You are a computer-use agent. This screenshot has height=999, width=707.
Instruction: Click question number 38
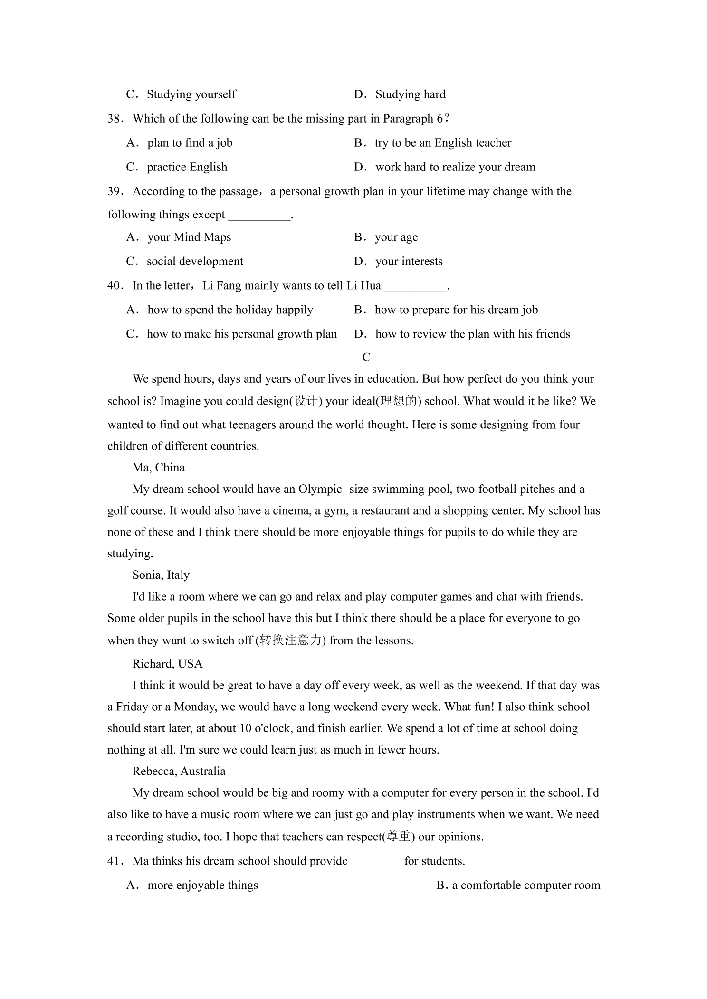click(x=115, y=119)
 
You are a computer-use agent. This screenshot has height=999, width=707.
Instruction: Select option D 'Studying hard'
click(x=410, y=94)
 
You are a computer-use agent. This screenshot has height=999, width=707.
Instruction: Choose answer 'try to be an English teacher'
click(x=442, y=143)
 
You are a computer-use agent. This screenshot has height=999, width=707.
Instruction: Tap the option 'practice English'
click(x=187, y=167)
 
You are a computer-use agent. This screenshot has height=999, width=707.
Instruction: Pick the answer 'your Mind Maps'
click(x=189, y=237)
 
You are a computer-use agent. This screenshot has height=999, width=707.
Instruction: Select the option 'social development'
click(x=195, y=261)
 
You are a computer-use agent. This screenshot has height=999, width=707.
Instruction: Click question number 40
click(x=115, y=286)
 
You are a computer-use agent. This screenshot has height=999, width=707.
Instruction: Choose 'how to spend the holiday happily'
click(x=230, y=310)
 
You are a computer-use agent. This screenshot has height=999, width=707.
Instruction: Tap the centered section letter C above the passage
click(x=366, y=357)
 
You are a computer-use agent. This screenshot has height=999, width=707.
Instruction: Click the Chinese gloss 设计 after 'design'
click(x=306, y=401)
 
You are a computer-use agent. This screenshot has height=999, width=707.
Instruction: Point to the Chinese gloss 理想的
click(x=399, y=401)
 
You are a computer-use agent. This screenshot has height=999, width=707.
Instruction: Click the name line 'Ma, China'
click(x=158, y=468)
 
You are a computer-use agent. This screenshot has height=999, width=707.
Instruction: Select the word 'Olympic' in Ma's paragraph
click(x=320, y=489)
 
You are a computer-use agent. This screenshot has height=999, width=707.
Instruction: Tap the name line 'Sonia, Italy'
click(x=161, y=575)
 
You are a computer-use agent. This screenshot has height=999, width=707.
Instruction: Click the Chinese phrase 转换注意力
click(x=290, y=641)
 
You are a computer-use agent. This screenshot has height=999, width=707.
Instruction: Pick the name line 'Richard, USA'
click(x=167, y=664)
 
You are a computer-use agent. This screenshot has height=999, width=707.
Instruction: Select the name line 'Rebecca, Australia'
click(x=179, y=771)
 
